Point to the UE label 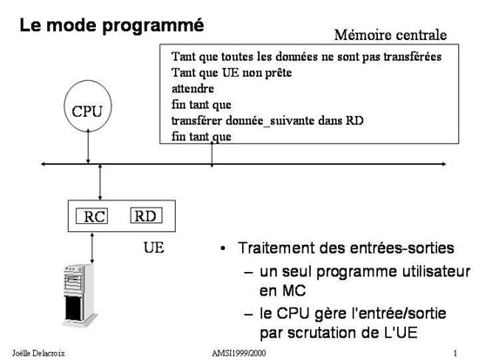153,248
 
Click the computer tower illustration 79,295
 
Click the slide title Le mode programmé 111,25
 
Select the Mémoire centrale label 390,35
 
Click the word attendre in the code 192,89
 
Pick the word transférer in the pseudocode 197,120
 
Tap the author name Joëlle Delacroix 38,353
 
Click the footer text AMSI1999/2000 239,353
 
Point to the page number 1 455,353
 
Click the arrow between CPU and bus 88,146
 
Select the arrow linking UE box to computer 92,248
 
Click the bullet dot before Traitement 223,248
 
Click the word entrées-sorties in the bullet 402,248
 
